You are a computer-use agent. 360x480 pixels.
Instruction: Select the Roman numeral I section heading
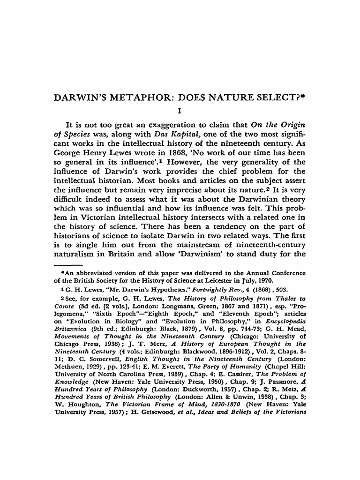click(x=180, y=112)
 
